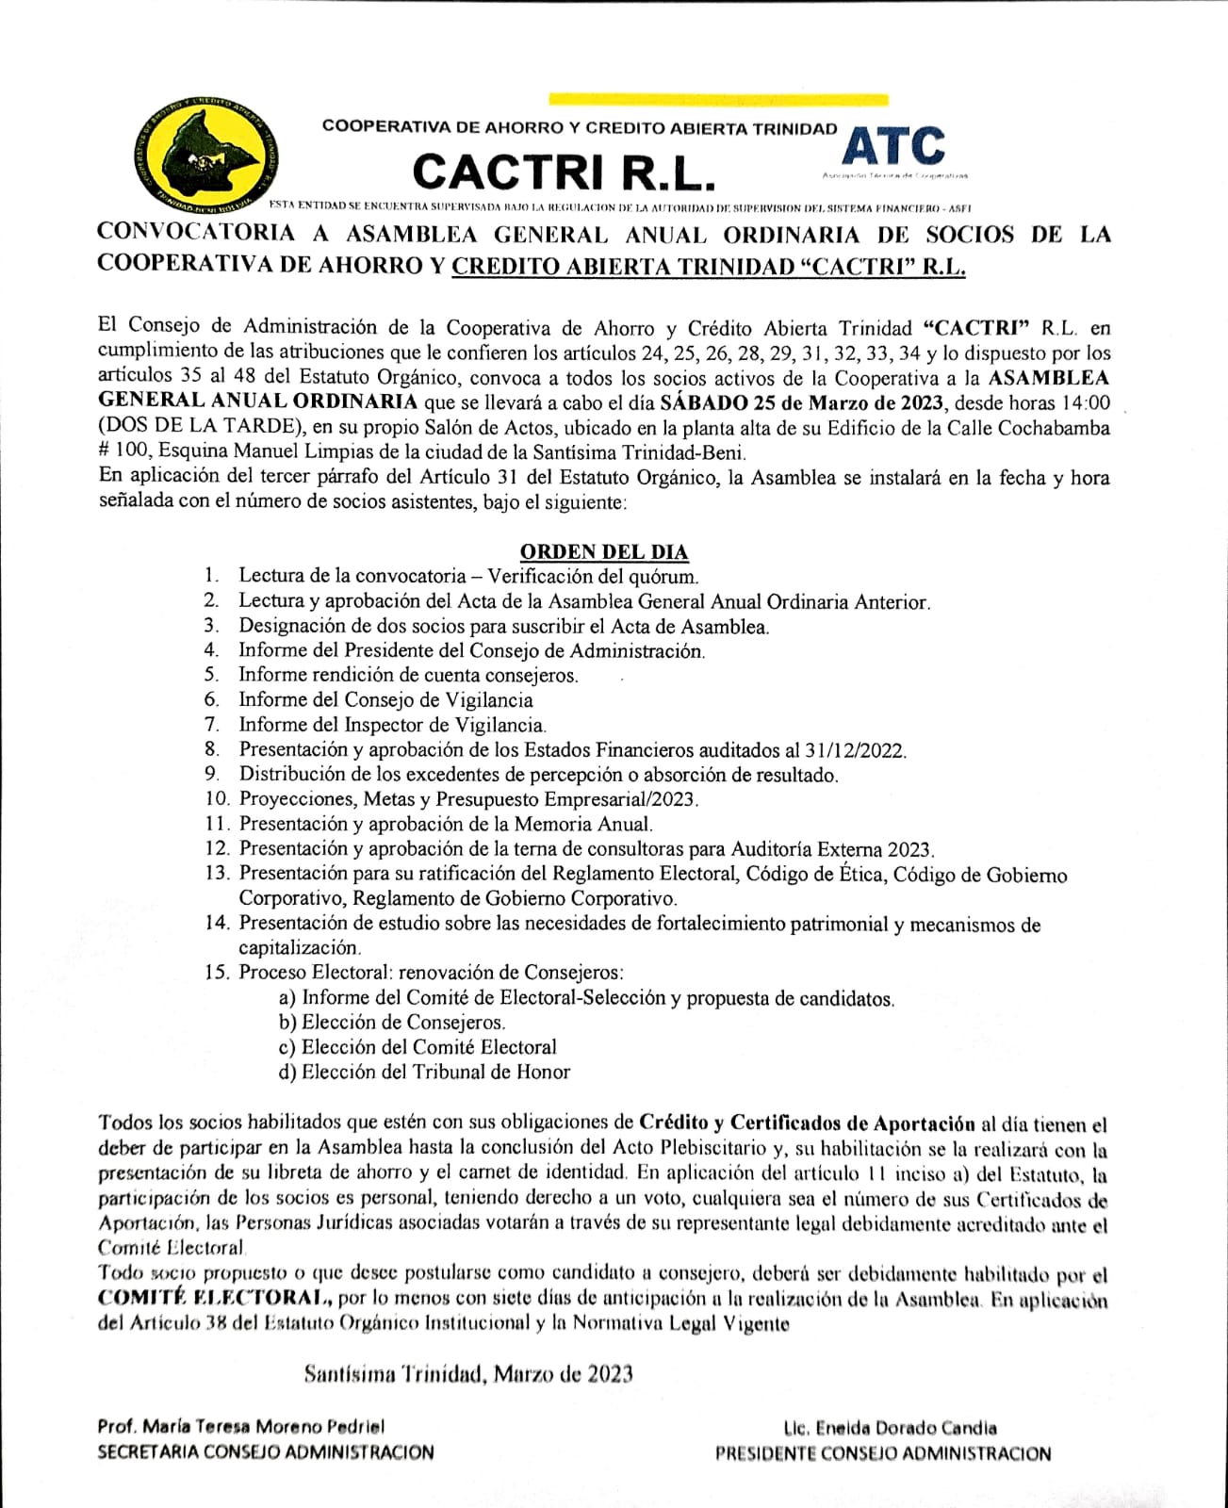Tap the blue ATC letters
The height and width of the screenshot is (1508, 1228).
coord(893,146)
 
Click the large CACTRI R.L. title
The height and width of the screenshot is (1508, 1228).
coord(565,172)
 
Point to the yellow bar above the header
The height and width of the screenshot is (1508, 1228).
coord(717,98)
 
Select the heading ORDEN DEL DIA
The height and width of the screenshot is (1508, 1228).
coord(604,551)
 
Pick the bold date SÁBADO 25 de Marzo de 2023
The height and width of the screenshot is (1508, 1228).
coord(801,403)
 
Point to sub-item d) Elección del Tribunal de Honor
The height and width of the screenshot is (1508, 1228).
coord(424,1072)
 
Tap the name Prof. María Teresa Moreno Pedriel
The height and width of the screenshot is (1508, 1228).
coord(240,1427)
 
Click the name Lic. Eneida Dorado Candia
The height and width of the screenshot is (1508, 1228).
coord(889,1428)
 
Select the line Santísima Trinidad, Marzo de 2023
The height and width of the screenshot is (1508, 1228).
coord(468,1373)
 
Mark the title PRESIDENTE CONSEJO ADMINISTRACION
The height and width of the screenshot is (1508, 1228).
coord(883,1453)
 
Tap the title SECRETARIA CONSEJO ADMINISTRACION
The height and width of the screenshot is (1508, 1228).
coord(266,1452)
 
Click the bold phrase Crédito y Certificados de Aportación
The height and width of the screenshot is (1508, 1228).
coord(807,1123)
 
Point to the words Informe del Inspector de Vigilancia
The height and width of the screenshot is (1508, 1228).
coord(392,725)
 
